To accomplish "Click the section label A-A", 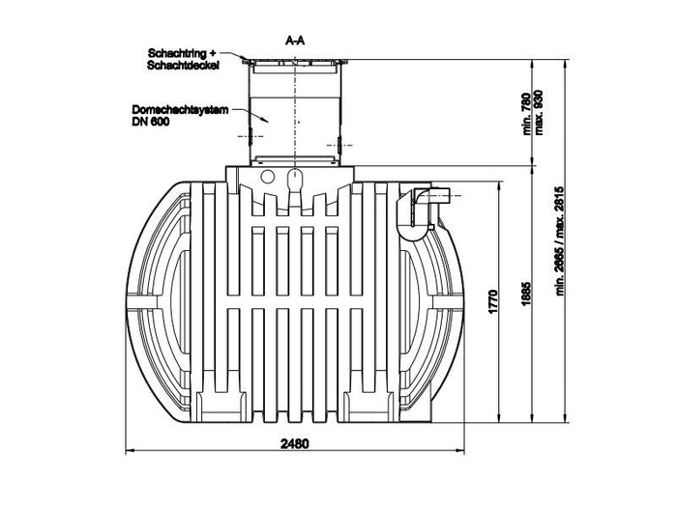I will [x=297, y=42].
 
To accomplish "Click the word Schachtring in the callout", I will [x=174, y=51].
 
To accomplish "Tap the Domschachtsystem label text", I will [x=177, y=110].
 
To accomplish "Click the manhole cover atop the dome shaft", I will [x=297, y=63].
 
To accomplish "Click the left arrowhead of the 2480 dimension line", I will [x=133, y=450].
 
